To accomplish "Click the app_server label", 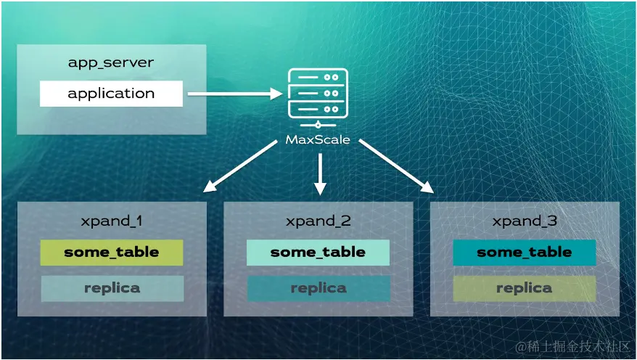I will point(111,62).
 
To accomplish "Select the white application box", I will point(111,94).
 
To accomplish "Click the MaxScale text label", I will point(318,140).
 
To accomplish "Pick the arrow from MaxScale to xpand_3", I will point(396,166).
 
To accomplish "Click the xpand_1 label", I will point(112,221).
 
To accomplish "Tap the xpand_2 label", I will point(318,221).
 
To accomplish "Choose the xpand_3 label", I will point(525,221).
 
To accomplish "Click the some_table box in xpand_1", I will point(112,253).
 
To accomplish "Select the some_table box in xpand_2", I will point(318,253).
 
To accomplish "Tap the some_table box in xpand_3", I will point(525,253).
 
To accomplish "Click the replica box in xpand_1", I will point(112,288).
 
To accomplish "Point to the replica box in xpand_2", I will point(318,288).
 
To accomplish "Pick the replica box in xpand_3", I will point(525,288).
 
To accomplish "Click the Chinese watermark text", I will point(572,347).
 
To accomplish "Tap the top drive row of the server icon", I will point(318,77).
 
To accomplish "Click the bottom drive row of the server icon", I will point(318,109).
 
